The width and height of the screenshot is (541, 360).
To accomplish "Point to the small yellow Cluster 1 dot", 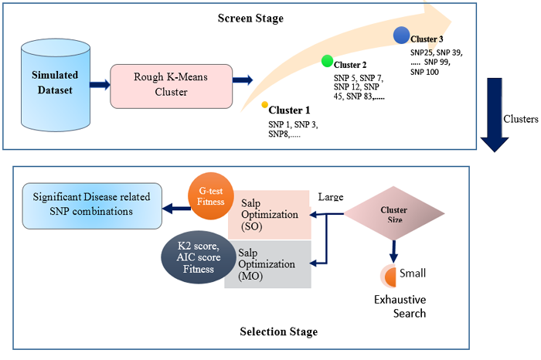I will click(264, 104).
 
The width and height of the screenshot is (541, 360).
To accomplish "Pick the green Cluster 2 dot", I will click(328, 61).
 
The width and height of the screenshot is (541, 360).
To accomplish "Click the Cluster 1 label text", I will click(289, 110).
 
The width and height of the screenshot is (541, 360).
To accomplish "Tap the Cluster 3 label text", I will click(427, 38).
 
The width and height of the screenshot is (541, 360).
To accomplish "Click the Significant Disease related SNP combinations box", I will click(91, 205).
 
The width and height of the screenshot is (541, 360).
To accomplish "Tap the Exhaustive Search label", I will click(400, 306).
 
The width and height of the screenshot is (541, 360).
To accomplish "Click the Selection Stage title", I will click(272, 332).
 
